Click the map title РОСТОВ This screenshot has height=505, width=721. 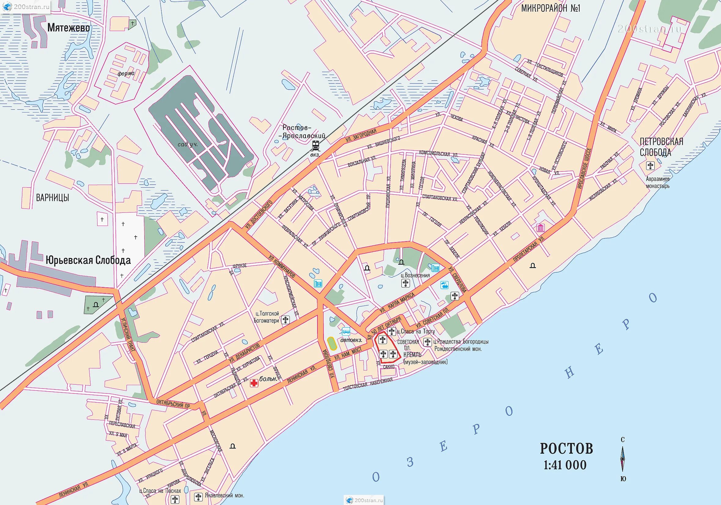(x=566, y=449)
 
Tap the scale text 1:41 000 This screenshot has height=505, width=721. (x=565, y=465)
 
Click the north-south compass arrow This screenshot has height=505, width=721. (x=623, y=459)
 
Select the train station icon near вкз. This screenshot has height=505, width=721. (x=315, y=146)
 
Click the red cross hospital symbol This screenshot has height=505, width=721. (x=254, y=383)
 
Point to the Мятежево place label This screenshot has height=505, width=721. (x=68, y=28)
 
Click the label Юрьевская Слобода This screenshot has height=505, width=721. (x=88, y=260)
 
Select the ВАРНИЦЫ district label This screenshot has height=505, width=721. (x=53, y=198)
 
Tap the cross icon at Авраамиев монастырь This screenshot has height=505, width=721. (x=650, y=166)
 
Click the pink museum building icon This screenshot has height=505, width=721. (x=540, y=227)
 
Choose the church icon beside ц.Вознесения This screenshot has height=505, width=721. (x=405, y=283)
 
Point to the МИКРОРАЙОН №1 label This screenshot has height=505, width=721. (x=551, y=8)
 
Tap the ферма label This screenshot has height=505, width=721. (x=126, y=74)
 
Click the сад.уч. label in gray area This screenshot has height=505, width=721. (x=188, y=145)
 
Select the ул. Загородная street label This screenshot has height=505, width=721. (x=361, y=136)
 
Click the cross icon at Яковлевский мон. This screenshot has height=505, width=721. (x=198, y=497)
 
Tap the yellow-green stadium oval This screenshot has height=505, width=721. (x=331, y=344)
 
